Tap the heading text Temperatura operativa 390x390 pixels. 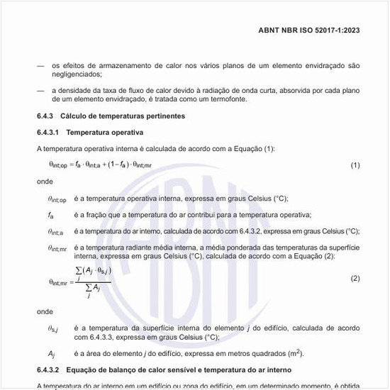pyautogui.click(x=104, y=133)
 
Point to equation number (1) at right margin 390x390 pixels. pyautogui.click(x=355, y=165)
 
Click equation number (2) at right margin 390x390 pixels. pyautogui.click(x=355, y=279)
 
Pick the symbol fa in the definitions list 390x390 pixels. pyautogui.click(x=51, y=215)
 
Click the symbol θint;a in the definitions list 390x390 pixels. pyautogui.click(x=55, y=231)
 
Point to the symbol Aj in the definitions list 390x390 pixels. pyautogui.click(x=51, y=353)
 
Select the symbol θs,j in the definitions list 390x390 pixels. pyautogui.click(x=54, y=328)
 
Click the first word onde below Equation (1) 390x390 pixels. pyautogui.click(x=45, y=181)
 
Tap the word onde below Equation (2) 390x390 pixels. pyautogui.click(x=45, y=311)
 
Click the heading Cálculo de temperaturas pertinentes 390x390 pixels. pyautogui.click(x=130, y=115)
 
